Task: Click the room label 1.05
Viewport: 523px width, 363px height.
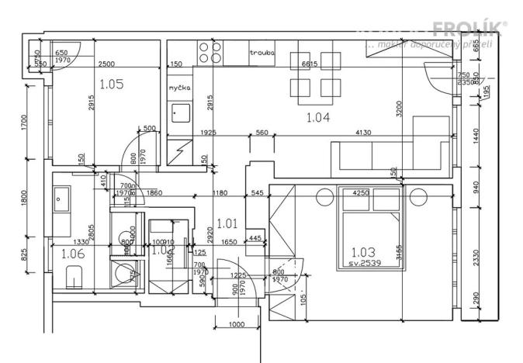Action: point(112,82)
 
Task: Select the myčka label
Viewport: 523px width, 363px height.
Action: point(180,88)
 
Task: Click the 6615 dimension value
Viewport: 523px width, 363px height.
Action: point(310,64)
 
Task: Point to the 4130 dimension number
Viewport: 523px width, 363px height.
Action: point(363,133)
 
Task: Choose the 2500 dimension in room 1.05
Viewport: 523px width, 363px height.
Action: point(107,63)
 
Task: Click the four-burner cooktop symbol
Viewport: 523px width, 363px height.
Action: point(210,52)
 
